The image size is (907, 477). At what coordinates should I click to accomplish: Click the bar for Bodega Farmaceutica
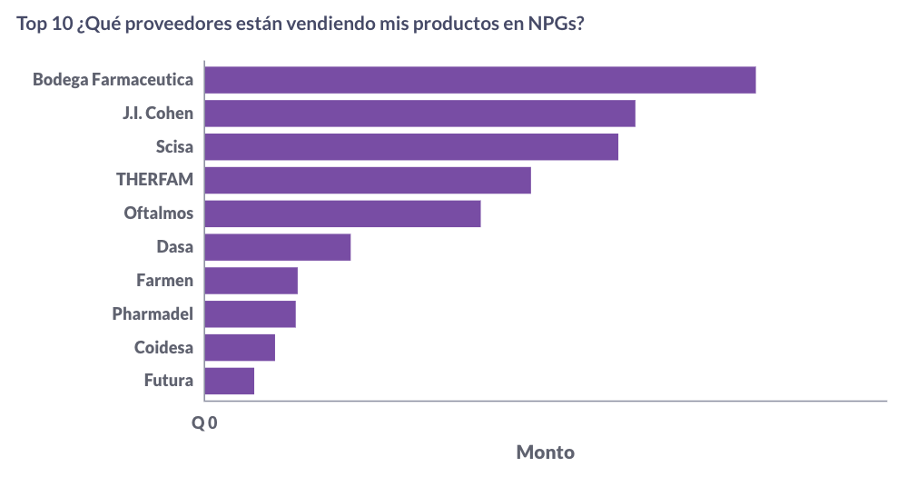tap(480, 80)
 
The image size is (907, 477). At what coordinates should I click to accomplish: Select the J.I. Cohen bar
tap(419, 114)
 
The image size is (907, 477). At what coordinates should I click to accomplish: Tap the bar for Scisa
tap(411, 147)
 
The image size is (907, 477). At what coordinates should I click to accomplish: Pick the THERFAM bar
tap(368, 180)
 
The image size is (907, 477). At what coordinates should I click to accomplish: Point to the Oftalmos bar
tap(342, 214)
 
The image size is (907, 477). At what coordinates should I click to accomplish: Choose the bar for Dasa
tap(278, 247)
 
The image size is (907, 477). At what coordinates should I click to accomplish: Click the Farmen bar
tap(251, 281)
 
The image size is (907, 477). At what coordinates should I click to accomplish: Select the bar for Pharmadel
tap(251, 313)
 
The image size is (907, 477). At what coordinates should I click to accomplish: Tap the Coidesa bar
tap(240, 347)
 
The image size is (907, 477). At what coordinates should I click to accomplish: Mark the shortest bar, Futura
tap(230, 381)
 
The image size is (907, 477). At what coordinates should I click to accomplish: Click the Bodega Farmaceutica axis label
tap(113, 80)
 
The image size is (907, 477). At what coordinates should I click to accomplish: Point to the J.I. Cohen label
tap(158, 114)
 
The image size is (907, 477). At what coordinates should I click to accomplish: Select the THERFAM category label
tap(155, 180)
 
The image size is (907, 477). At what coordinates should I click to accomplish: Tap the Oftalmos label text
tap(159, 214)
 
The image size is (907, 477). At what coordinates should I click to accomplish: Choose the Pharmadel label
tap(153, 314)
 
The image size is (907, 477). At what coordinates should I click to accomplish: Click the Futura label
tap(169, 381)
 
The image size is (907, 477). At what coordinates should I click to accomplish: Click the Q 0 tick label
tap(204, 423)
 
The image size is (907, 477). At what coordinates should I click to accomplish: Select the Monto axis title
tap(545, 452)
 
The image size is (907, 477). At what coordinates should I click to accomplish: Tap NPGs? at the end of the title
tap(556, 25)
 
